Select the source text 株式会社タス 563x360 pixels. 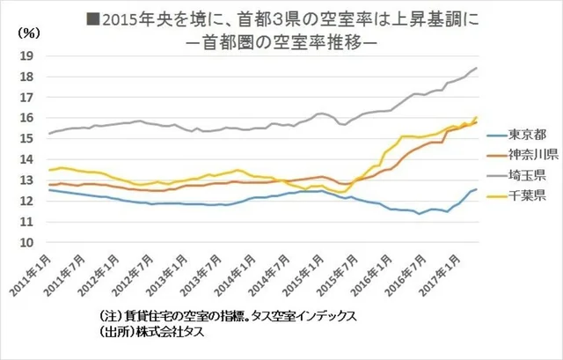pyautogui.click(x=155, y=334)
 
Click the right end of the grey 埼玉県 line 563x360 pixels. pyautogui.click(x=477, y=68)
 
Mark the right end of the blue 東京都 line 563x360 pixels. pyautogui.click(x=477, y=189)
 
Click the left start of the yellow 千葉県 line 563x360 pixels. pyautogui.click(x=48, y=170)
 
